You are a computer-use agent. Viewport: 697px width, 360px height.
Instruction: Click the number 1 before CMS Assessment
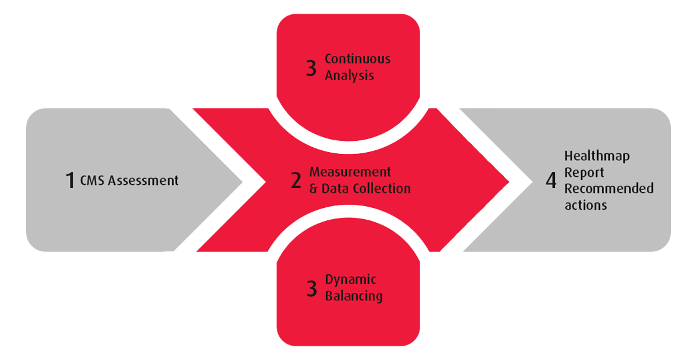pos(70,181)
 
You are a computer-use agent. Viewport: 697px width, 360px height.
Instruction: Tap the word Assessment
pos(143,181)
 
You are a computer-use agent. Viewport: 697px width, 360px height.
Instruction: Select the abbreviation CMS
pos(92,181)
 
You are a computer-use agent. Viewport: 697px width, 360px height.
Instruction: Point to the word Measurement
pos(350,172)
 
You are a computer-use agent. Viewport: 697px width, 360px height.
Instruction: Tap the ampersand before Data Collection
pos(313,188)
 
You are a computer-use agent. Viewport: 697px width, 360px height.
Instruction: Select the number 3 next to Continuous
pos(312,68)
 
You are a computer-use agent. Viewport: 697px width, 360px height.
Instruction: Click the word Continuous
pos(357,59)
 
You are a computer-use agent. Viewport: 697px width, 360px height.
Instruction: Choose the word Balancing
pos(354,296)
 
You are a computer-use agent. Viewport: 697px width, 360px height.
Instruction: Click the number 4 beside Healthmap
pos(551,181)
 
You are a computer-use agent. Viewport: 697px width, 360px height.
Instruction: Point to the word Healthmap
pos(596,156)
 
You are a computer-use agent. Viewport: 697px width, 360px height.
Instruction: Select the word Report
pos(584,173)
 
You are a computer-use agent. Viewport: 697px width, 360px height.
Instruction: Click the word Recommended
pos(608,189)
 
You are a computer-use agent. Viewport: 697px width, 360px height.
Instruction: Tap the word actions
pos(585,205)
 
